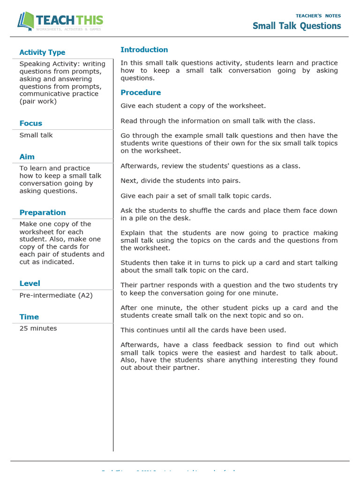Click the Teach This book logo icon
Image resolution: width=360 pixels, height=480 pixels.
click(x=26, y=22)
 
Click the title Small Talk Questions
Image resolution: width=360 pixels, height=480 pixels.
click(x=297, y=26)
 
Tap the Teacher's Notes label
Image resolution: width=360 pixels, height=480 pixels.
click(x=318, y=16)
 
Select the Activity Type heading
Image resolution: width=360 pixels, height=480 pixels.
click(x=42, y=52)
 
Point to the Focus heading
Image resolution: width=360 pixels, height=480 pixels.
click(x=31, y=123)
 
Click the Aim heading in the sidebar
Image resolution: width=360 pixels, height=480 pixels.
click(x=27, y=157)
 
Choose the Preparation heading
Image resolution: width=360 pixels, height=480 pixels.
click(x=43, y=212)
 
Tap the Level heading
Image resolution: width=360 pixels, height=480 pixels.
click(x=30, y=283)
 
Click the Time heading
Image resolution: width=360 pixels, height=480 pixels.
click(x=29, y=317)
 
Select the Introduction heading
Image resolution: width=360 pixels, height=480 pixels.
click(x=144, y=50)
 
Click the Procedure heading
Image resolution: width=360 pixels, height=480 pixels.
click(x=141, y=92)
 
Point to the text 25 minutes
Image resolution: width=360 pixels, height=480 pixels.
click(x=38, y=328)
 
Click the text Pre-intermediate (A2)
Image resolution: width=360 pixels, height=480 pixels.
click(x=56, y=295)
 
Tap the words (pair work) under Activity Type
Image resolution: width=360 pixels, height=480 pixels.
click(x=38, y=101)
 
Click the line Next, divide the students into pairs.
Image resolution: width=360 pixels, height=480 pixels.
click(x=180, y=180)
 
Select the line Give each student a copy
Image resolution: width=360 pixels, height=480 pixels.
click(x=193, y=105)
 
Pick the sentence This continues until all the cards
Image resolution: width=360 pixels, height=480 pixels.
click(x=203, y=330)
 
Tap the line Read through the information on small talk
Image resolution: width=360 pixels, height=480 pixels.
click(x=217, y=120)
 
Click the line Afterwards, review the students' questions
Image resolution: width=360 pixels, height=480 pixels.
click(x=210, y=165)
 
